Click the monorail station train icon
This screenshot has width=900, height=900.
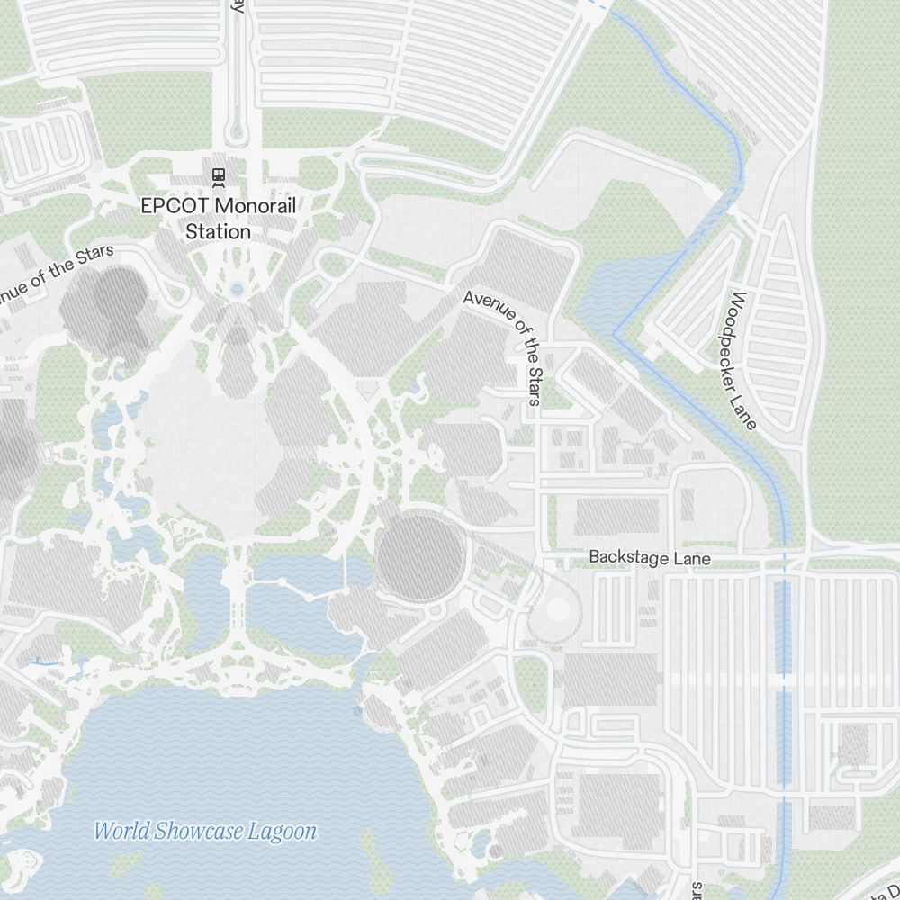(218, 175)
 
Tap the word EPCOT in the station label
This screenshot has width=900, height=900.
(173, 206)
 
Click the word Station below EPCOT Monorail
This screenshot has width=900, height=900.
(218, 232)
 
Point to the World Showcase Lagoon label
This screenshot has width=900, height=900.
(205, 831)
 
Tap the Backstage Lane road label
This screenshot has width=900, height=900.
(649, 558)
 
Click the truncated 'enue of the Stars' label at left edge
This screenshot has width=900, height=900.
(56, 274)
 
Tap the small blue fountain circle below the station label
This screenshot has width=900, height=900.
(237, 290)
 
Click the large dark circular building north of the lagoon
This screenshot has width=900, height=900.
(419, 557)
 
